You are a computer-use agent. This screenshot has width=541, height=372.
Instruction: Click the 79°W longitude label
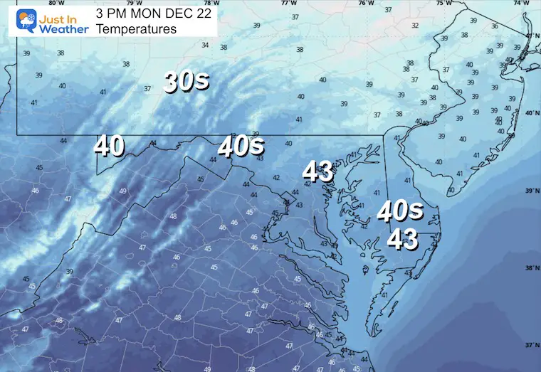tap(129, 3)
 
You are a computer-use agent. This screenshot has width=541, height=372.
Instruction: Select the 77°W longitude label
tap(288, 3)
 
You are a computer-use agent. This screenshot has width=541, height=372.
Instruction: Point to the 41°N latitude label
tap(530, 35)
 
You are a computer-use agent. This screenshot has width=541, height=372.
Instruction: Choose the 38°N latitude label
tap(530, 268)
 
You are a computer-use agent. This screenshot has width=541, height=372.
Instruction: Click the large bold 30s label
tap(186, 81)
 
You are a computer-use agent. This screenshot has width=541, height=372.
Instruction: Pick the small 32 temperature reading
tap(415, 26)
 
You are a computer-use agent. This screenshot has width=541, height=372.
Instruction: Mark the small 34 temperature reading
tap(205, 46)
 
